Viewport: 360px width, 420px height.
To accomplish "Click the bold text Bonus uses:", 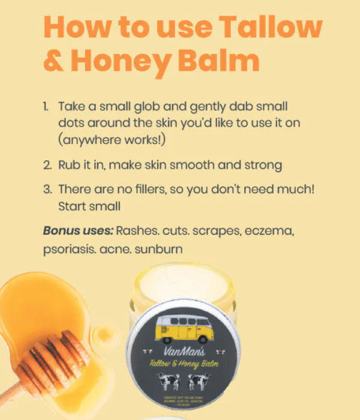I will pyautogui.click(x=77, y=230).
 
